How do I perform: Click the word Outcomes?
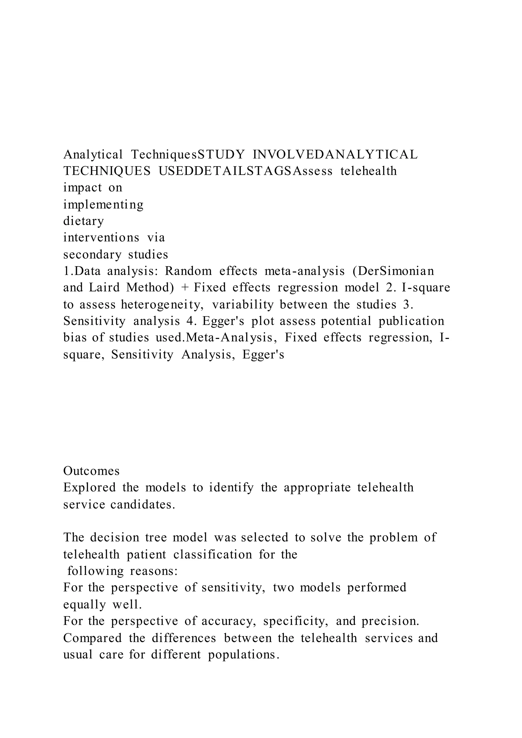91,471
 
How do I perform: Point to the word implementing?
103,204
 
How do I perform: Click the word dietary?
84,221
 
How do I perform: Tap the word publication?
411,321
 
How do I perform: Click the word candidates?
143,505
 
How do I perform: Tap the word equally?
84,605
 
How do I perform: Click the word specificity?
295,621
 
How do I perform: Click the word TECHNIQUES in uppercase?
107,171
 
